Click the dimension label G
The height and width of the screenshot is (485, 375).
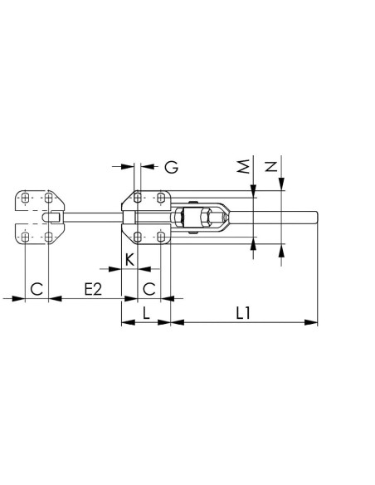171,167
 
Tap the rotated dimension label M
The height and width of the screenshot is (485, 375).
244,166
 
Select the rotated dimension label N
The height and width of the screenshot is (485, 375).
271,166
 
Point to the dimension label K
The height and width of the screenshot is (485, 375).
130,259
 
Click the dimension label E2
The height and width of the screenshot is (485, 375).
93,289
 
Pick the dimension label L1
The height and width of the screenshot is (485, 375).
243,313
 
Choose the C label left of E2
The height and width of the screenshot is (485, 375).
37,289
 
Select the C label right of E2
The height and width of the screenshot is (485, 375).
149,289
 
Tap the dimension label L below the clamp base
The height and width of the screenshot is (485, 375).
146,313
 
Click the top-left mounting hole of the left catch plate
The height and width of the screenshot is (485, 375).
25,198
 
